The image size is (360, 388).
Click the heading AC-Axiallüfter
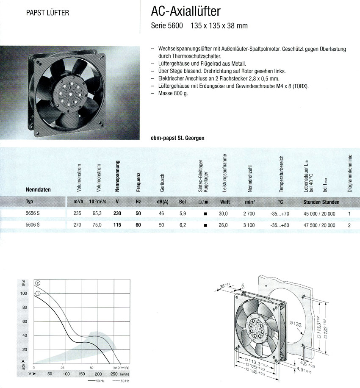tap(186, 11)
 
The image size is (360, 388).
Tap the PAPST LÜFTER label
tap(47, 12)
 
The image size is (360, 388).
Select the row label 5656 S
tap(33, 214)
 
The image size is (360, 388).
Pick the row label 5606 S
tap(33, 225)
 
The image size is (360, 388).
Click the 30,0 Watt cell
tap(223, 214)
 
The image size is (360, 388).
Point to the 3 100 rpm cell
tap(249, 225)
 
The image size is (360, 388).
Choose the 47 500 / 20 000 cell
tap(319, 225)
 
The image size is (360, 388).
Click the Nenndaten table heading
tap(39, 190)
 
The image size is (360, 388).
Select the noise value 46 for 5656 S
tap(161, 214)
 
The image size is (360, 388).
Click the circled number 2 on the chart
tap(38, 283)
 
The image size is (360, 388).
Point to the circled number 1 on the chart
tap(38, 293)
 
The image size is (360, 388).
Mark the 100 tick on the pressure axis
tap(24, 293)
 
